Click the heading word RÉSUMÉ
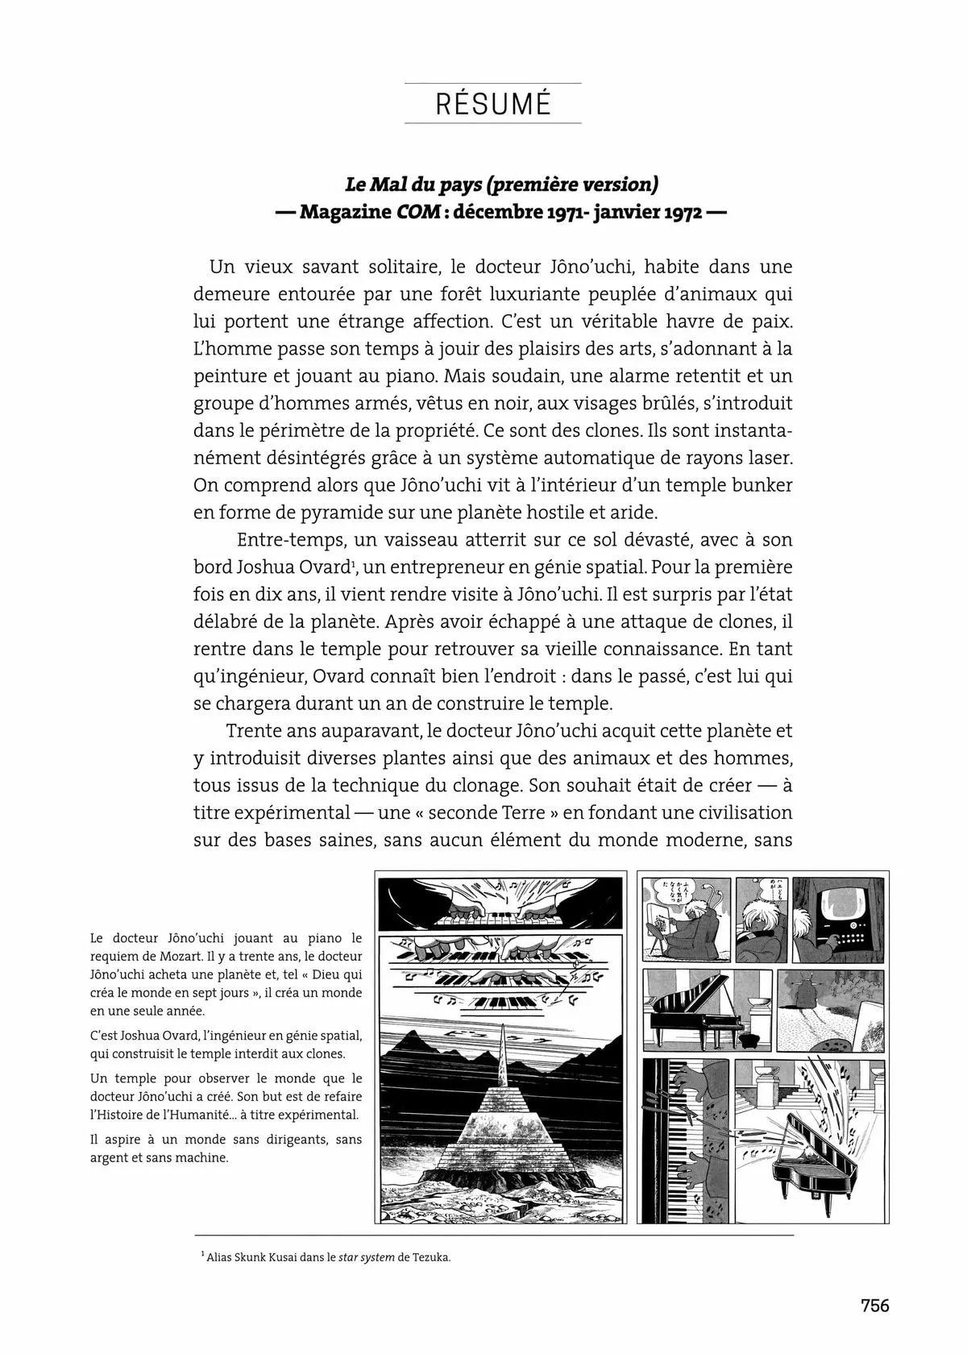[x=492, y=104]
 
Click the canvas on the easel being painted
[x=668, y=927]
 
